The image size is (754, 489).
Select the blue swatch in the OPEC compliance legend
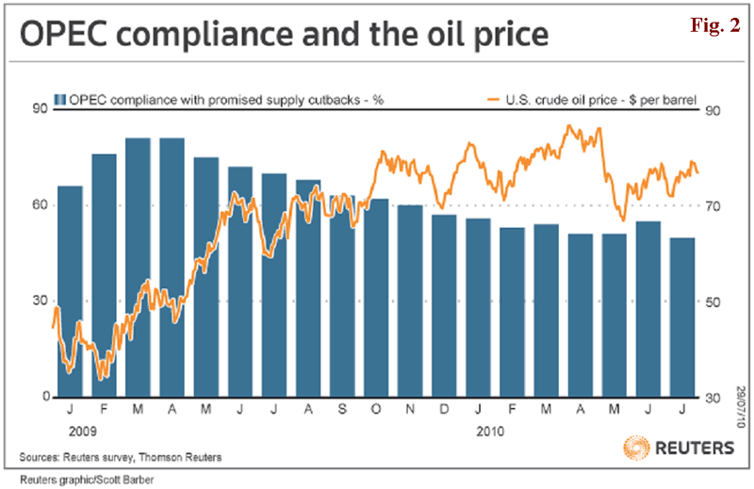60,99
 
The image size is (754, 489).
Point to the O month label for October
376,412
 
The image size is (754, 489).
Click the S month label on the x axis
342,412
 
